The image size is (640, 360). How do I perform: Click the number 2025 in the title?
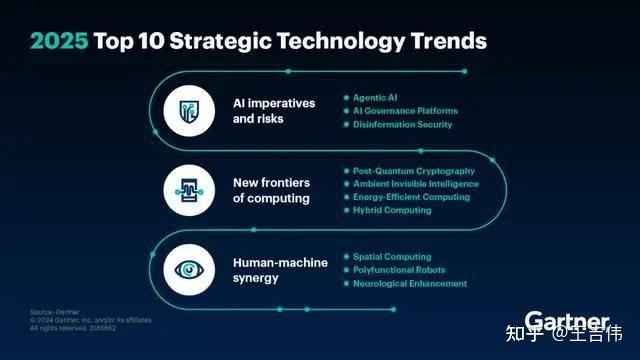coord(59,41)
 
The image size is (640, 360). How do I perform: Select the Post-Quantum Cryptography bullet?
coord(412,171)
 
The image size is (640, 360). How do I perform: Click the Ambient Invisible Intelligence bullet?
coord(416,184)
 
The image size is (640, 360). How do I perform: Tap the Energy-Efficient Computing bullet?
coord(411,197)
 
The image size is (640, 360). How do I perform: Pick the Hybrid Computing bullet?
coord(392,210)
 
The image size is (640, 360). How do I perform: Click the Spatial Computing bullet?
coord(392,257)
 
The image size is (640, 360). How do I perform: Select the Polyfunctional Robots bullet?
coord(399,270)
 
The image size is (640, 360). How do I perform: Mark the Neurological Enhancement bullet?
coord(410,283)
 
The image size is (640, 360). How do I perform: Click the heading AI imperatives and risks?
coord(272,110)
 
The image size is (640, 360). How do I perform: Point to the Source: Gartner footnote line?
coord(50,312)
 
